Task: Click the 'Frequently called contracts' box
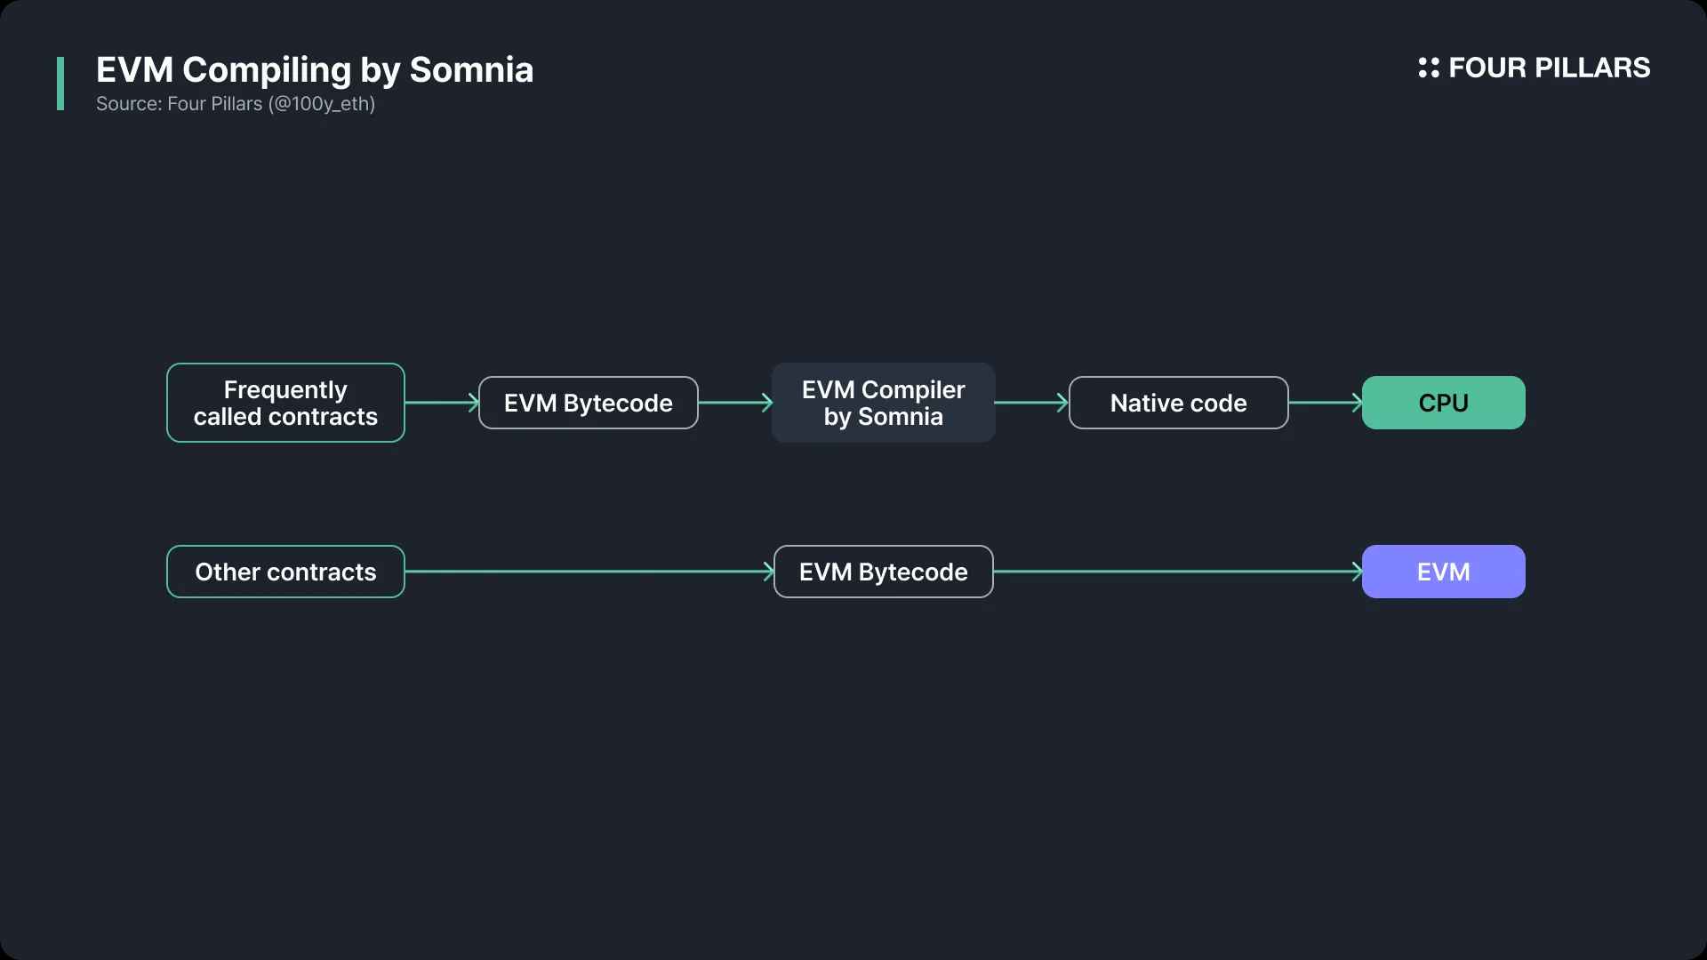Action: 285,403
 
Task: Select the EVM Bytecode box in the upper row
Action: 588,403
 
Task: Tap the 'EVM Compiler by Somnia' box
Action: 883,403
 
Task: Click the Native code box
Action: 1178,403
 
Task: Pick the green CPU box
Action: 1443,403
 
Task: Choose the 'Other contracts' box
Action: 285,572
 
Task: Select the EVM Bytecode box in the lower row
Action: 883,572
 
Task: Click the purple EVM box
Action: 1443,572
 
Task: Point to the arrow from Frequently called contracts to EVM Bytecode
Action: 442,403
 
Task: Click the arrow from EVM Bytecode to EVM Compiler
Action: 735,403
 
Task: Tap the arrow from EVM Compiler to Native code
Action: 1031,403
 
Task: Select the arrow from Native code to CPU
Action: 1325,403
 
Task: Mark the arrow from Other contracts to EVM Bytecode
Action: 589,572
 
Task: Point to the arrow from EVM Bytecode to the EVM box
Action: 1178,572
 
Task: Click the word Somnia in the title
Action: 471,70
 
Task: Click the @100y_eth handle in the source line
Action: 322,104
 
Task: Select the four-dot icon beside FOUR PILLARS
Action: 1429,68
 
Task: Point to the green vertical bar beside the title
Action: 60,84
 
